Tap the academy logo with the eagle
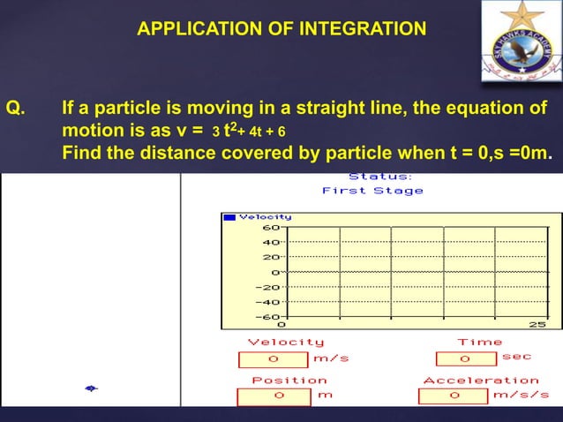click(x=520, y=41)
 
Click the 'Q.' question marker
click(x=16, y=109)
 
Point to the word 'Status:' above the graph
click(x=373, y=177)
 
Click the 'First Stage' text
click(x=372, y=191)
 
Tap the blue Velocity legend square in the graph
click(x=229, y=216)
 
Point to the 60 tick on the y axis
click(x=273, y=227)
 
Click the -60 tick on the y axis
click(x=268, y=316)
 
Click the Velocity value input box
click(x=274, y=359)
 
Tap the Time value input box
click(x=465, y=359)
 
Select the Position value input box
click(x=278, y=395)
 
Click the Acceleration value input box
click(x=453, y=395)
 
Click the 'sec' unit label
click(x=517, y=358)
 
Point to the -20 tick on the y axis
click(x=268, y=287)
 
